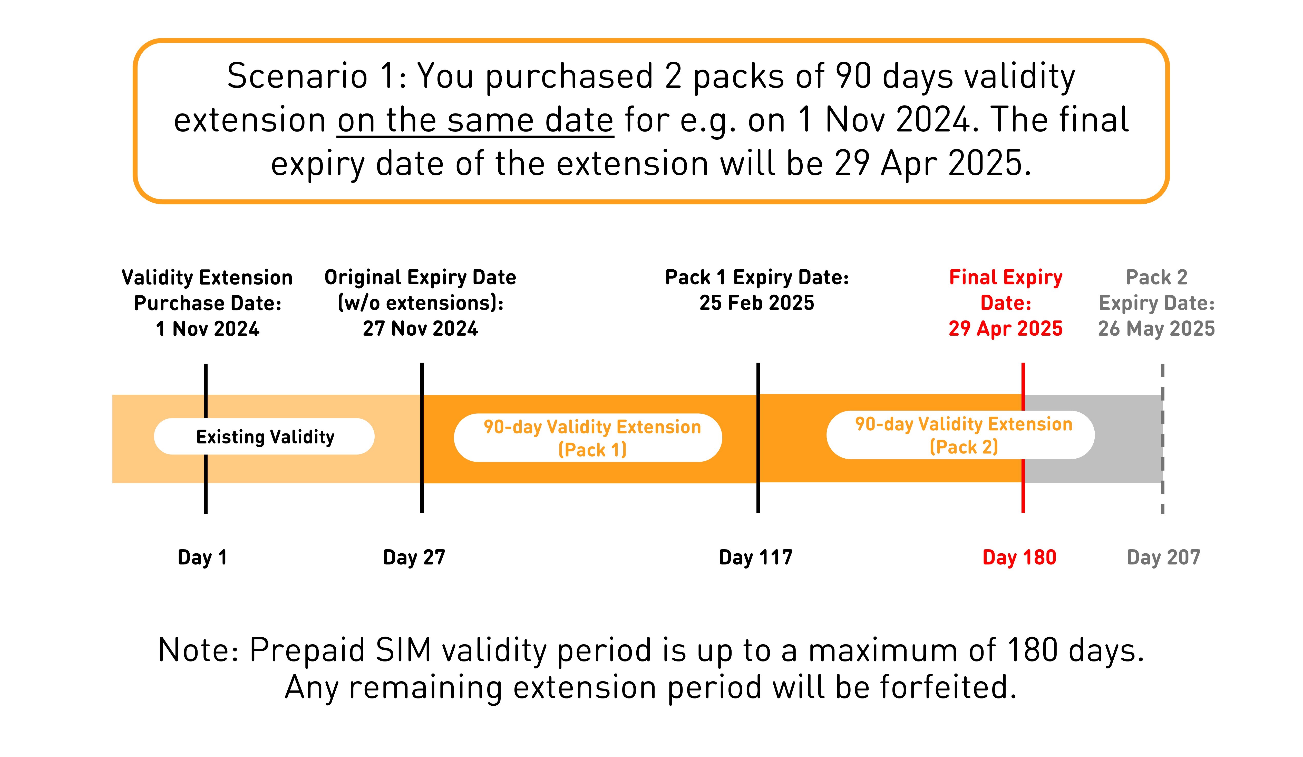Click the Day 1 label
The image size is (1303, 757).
point(202,557)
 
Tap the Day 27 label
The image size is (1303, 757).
point(414,557)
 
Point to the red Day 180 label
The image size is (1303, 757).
point(1019,557)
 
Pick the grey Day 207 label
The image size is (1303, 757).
point(1163,557)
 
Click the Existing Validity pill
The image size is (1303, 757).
point(264,436)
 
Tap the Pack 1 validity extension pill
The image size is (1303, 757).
point(588,438)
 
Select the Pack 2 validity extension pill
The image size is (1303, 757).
point(960,435)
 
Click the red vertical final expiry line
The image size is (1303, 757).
point(1023,438)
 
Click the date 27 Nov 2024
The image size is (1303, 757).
point(420,329)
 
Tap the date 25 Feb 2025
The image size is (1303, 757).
point(756,303)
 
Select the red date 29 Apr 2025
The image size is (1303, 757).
point(1005,329)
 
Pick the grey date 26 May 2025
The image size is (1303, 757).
point(1156,329)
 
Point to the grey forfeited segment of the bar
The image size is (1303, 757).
point(1093,439)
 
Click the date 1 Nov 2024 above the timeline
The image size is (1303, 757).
point(207,329)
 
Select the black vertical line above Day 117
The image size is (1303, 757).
point(758,438)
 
